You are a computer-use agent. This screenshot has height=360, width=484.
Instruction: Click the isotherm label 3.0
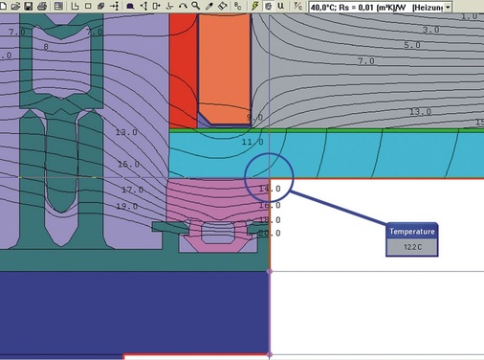(430, 30)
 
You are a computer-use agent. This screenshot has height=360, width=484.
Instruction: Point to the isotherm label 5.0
(412, 45)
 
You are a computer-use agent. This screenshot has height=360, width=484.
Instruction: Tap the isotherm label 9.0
(254, 118)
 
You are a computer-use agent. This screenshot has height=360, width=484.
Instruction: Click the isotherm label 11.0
(253, 142)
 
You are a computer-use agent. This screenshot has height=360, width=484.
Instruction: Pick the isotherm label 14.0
(269, 190)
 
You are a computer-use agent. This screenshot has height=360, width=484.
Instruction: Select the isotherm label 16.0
(269, 205)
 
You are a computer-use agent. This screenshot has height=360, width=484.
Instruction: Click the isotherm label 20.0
(269, 233)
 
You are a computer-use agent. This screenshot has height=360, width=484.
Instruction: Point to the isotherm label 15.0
(128, 165)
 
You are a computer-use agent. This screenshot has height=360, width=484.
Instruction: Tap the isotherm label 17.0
(132, 190)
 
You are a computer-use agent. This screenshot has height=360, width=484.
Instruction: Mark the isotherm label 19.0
(127, 206)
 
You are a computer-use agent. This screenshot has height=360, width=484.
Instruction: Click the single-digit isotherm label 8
(45, 47)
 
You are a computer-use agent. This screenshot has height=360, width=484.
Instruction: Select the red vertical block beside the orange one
(182, 67)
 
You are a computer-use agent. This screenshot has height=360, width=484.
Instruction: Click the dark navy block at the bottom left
(134, 312)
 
